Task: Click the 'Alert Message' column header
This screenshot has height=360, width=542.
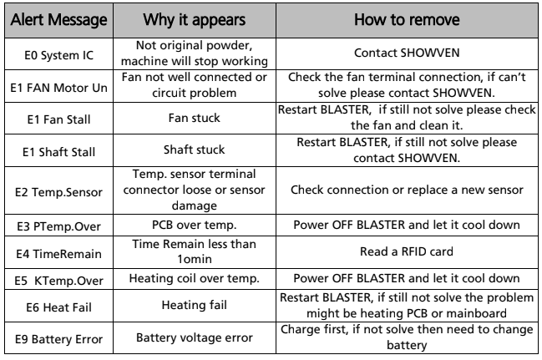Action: pos(58,20)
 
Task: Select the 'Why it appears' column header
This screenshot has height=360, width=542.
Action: pos(195,20)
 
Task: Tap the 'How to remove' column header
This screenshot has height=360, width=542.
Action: pos(407,20)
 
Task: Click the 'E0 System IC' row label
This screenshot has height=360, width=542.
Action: pos(58,55)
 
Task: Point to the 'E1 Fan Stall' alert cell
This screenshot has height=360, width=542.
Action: pos(58,119)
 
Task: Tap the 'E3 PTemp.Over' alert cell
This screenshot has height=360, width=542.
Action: pos(58,226)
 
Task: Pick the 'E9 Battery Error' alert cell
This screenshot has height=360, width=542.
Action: pos(58,339)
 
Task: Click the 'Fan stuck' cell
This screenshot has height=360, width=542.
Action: pos(195,118)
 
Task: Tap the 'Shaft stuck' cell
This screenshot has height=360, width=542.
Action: pos(195,150)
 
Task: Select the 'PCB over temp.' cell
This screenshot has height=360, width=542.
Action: pos(195,225)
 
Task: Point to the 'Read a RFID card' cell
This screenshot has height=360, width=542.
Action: pos(407,251)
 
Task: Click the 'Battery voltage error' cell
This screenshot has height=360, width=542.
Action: pos(195,337)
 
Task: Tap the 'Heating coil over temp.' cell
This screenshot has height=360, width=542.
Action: pos(195,278)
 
